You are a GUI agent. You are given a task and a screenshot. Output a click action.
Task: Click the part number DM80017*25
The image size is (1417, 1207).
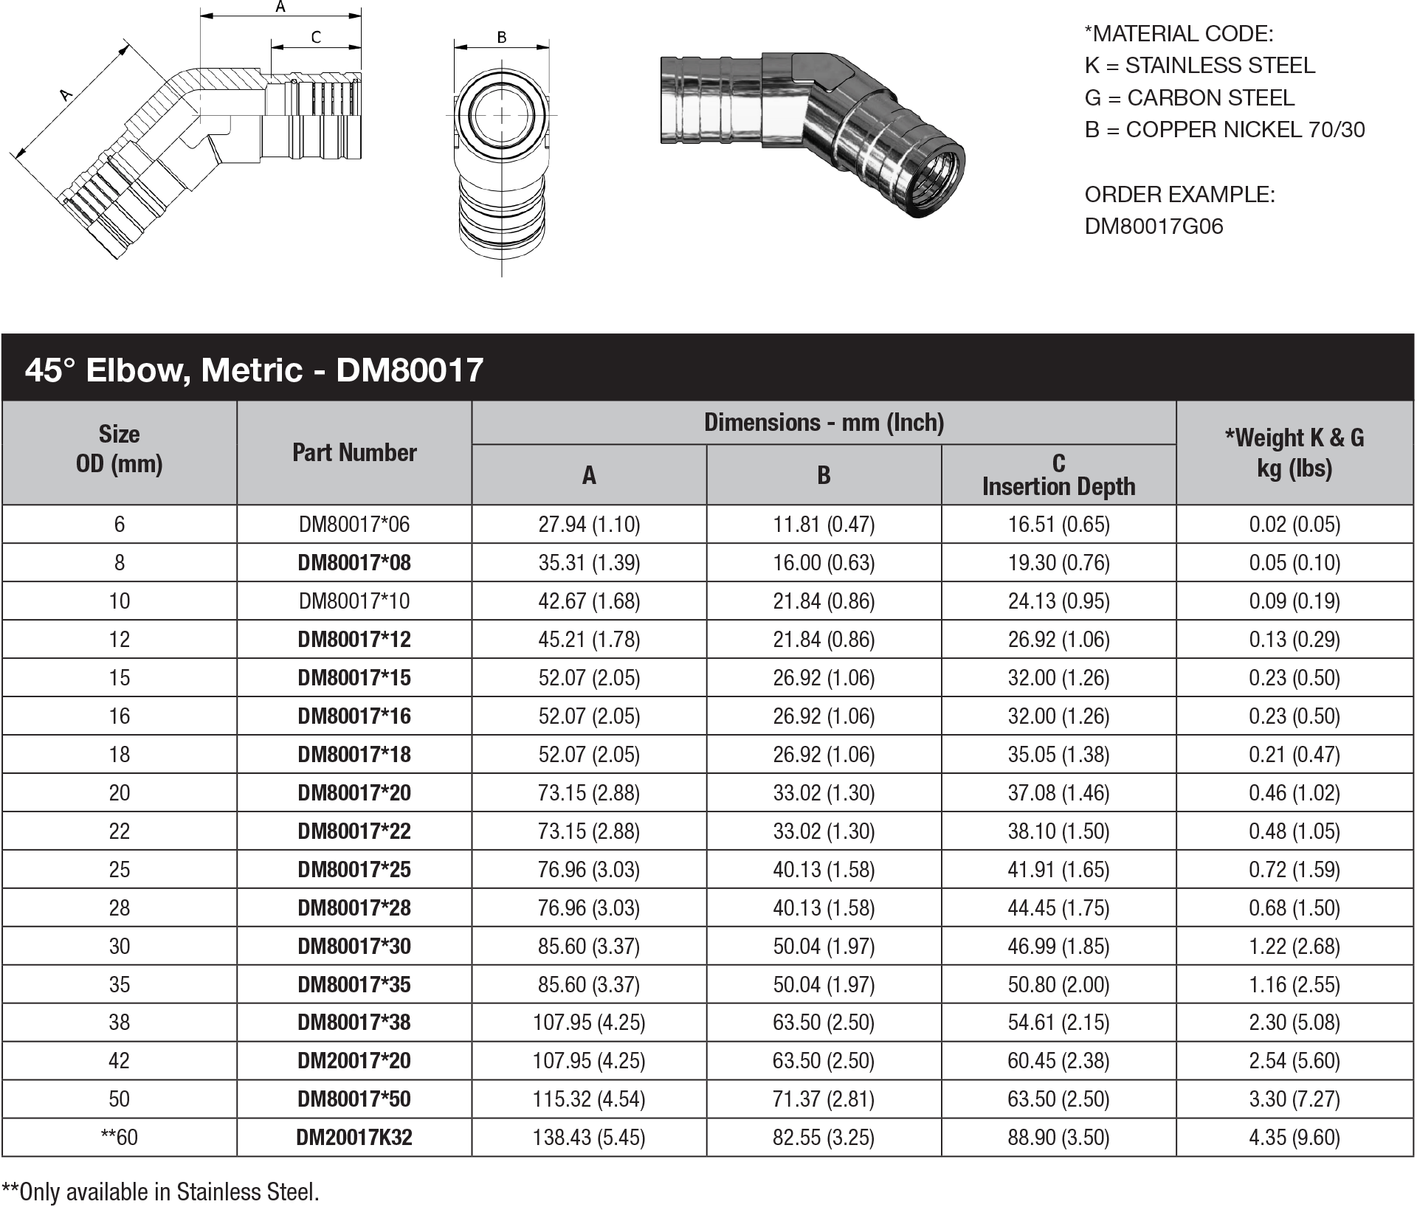(354, 869)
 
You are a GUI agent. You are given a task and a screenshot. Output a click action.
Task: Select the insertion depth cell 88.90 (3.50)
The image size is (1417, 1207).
(1058, 1137)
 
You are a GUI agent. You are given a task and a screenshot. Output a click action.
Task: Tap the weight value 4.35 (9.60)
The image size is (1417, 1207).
(1294, 1137)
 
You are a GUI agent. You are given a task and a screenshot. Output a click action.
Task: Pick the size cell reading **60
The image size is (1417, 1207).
(119, 1137)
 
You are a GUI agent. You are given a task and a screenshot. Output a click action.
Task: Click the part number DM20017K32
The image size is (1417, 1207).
(354, 1137)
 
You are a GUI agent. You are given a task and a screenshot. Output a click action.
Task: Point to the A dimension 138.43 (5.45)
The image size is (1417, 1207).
(589, 1137)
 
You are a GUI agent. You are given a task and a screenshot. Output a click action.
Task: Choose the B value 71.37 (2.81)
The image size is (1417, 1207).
(824, 1099)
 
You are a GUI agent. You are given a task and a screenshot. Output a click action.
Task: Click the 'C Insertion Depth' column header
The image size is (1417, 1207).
(1058, 474)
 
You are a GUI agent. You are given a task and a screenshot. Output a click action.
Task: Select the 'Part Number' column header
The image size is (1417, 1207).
(354, 452)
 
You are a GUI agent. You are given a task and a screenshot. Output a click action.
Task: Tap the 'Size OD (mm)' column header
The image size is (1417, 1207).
(119, 449)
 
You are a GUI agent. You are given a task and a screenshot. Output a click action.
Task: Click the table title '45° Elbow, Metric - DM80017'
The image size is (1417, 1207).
(254, 369)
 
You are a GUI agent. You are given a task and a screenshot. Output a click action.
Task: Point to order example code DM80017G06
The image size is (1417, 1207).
(1154, 226)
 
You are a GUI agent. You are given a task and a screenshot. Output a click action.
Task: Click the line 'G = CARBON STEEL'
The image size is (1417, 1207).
(1189, 97)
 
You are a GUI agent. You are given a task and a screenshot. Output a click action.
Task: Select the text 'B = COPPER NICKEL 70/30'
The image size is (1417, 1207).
(1224, 130)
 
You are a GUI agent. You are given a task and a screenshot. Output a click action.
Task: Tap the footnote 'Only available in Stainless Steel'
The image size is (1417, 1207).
(161, 1192)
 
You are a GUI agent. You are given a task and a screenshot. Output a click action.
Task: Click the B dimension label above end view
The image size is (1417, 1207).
(502, 37)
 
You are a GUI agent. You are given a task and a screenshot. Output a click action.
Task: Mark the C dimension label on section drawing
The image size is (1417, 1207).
(316, 37)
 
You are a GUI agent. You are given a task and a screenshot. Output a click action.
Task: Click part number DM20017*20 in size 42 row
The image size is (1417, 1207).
(354, 1060)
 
